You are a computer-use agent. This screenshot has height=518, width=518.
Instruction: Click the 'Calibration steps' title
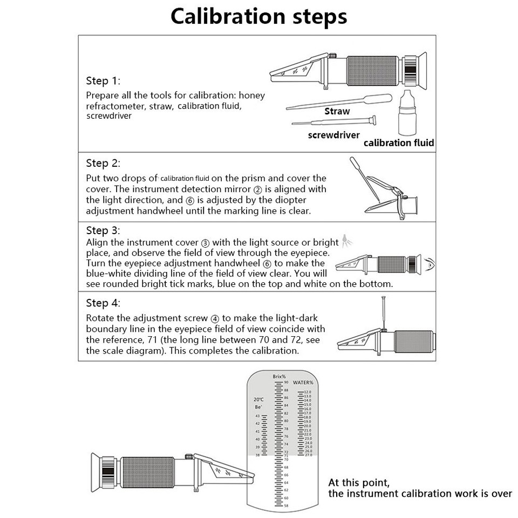tap(258, 16)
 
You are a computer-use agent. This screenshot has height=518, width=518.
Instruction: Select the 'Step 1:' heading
tap(103, 81)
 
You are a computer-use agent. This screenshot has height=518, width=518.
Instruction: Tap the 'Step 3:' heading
tap(103, 230)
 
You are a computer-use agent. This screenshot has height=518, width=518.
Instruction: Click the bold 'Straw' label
tap(337, 112)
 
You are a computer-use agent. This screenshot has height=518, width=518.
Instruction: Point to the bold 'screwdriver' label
tap(333, 135)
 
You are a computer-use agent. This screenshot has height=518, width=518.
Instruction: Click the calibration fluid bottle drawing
tap(408, 113)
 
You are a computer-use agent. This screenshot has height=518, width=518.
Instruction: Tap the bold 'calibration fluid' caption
tap(399, 143)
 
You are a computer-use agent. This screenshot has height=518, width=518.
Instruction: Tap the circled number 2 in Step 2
tap(257, 189)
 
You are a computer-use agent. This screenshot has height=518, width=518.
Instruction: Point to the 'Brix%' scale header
tap(279, 376)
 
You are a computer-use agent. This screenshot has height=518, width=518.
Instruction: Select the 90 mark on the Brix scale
tap(286, 382)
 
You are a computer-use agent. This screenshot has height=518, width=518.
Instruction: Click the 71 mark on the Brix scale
tap(286, 455)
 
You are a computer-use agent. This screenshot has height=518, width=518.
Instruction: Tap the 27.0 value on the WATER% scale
tap(308, 455)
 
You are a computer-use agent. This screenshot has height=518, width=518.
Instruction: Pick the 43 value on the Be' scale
tap(257, 416)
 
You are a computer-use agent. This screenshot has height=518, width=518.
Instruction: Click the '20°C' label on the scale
tap(258, 400)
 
